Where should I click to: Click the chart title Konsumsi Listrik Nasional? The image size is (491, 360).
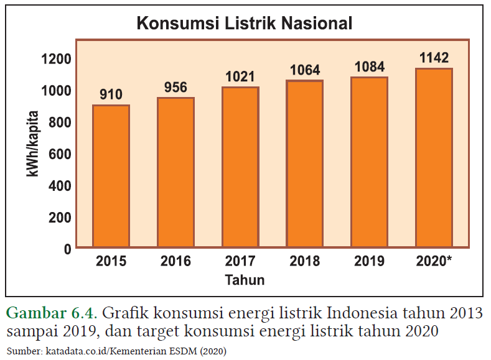(x=245, y=24)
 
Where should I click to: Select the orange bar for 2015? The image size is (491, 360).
(x=111, y=177)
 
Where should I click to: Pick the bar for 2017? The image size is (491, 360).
(x=240, y=168)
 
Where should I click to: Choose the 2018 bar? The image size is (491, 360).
(x=304, y=164)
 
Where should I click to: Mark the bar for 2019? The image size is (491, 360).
(x=369, y=163)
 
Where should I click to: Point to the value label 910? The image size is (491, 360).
(x=111, y=95)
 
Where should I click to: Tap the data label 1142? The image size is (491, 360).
(x=434, y=58)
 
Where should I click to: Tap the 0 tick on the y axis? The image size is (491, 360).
(x=67, y=249)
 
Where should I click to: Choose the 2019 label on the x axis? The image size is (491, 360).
(x=369, y=261)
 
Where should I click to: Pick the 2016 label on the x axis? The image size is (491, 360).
(x=175, y=261)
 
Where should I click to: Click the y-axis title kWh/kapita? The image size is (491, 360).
(x=32, y=144)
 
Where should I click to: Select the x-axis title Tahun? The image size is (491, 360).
(x=245, y=280)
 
